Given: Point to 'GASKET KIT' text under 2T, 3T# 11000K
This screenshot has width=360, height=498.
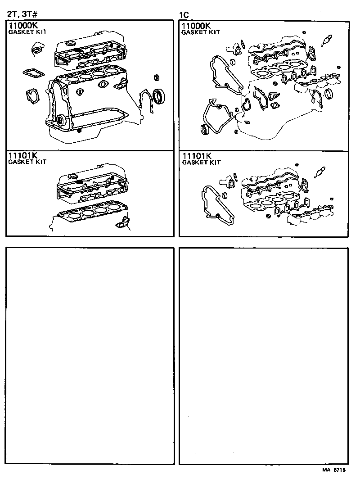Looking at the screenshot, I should (x=27, y=32).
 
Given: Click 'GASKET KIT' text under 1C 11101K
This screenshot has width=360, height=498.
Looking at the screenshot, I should (x=201, y=162).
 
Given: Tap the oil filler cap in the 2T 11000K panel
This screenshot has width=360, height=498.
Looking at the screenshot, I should (x=70, y=43).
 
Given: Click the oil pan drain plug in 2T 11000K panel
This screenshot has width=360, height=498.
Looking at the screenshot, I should (x=79, y=131).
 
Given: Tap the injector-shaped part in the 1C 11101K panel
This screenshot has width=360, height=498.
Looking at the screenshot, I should (x=320, y=171).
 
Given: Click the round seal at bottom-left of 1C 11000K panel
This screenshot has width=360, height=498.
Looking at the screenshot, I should (x=205, y=130).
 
